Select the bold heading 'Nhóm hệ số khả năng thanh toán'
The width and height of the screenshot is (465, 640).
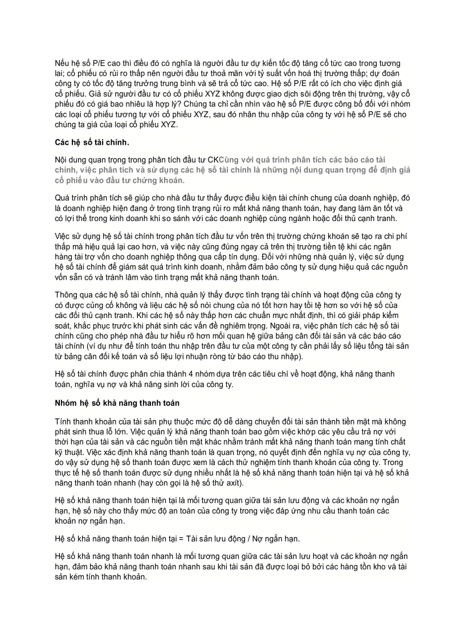click(x=117, y=403)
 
